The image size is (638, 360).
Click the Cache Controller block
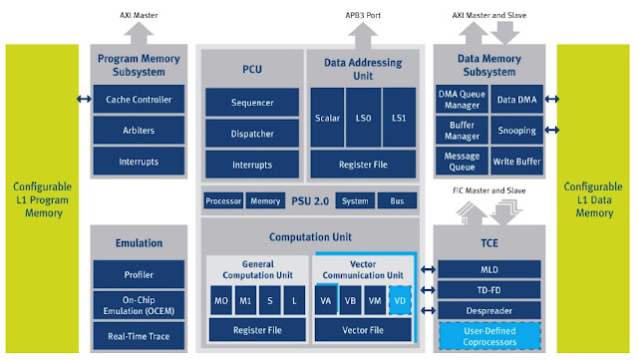139,99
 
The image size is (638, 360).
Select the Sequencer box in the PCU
252,103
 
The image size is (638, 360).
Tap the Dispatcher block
252,134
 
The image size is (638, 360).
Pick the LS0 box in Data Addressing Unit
363,118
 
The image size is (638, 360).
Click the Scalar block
327,118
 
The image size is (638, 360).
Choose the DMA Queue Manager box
462,99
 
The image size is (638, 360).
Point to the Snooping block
516,130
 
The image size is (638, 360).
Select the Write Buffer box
516,162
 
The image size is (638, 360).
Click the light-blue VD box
400,300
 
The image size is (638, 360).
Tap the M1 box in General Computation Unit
245,300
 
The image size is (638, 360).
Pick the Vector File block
363,330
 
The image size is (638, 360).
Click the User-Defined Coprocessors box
489,336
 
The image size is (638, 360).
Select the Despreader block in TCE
489,311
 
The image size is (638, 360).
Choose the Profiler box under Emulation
139,274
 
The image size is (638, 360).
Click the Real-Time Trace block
139,336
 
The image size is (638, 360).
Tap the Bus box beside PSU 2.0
397,200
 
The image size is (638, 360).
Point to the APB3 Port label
363,15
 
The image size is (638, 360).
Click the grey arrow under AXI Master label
139,33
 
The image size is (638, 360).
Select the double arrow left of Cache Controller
84,99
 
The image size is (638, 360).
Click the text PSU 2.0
310,200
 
